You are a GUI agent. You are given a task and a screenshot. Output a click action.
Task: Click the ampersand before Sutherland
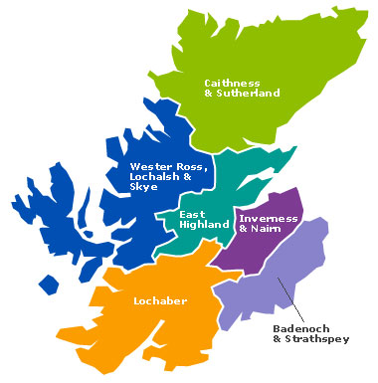(209, 94)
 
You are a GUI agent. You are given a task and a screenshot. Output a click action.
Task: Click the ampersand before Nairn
(244, 228)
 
